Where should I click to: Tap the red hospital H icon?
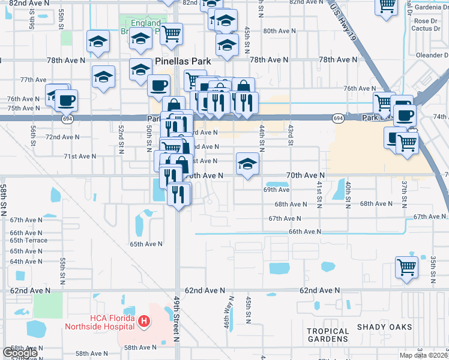143,322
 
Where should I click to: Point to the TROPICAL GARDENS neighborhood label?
328,335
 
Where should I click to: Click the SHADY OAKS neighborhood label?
385,326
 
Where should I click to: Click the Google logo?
20,353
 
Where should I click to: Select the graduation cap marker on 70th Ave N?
247,163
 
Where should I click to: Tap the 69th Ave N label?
276,190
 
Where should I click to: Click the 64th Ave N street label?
25,261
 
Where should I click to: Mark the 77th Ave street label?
33,79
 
